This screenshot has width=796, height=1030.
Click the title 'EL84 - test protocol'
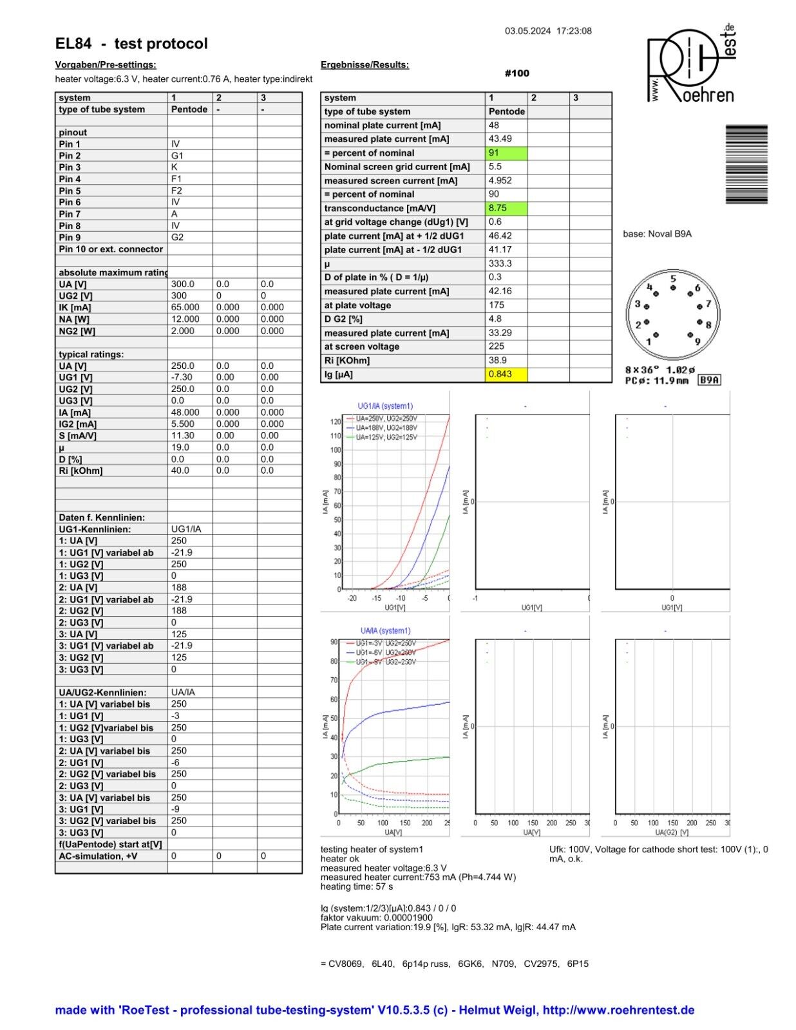click(131, 44)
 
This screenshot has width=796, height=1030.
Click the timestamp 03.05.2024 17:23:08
click(548, 31)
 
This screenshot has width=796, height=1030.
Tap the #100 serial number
click(516, 73)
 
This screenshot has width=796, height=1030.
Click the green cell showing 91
click(506, 153)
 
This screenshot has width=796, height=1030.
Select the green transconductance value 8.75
click(506, 209)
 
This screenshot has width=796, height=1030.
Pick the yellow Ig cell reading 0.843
click(506, 375)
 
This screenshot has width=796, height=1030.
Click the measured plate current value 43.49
click(500, 139)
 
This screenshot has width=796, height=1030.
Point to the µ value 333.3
click(500, 264)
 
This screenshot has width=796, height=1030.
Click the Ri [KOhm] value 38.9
click(497, 360)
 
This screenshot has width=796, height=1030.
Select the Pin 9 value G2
click(177, 238)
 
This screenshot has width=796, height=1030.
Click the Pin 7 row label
click(70, 214)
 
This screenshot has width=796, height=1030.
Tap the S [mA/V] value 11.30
click(182, 436)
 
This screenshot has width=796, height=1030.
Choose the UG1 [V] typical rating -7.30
click(182, 377)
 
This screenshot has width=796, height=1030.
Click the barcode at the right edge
click(746, 164)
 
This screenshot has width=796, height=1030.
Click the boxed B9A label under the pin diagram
click(709, 380)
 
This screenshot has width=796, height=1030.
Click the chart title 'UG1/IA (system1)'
click(385, 406)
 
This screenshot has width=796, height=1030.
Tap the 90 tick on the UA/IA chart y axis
click(334, 642)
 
